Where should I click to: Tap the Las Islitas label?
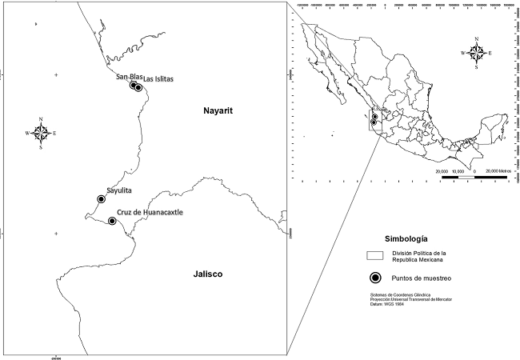tap(158, 79)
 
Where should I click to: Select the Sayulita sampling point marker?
tap(101, 198)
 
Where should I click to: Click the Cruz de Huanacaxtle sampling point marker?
tap(111, 221)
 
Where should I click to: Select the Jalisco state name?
tap(207, 274)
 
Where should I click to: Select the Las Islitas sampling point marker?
tap(139, 88)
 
